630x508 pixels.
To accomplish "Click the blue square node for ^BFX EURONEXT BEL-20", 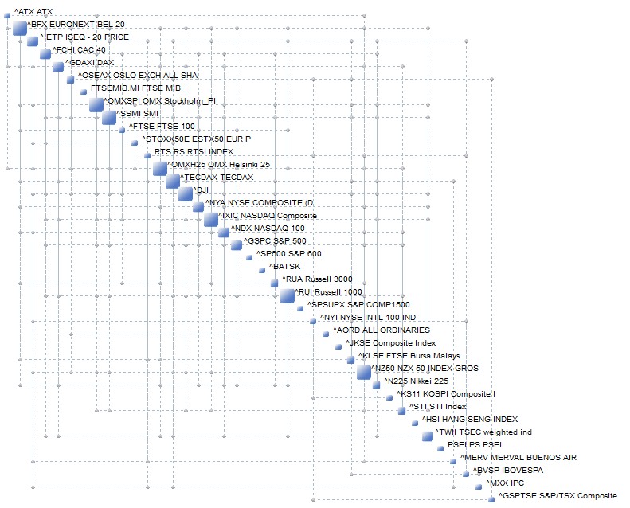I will (20, 29).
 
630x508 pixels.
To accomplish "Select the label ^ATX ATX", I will (33, 12).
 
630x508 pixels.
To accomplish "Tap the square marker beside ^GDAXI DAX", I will (58, 67).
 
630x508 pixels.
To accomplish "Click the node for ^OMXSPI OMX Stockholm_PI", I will (96, 105).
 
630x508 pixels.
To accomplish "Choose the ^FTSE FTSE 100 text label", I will (162, 127).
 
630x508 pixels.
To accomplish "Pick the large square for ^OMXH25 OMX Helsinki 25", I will (160, 168).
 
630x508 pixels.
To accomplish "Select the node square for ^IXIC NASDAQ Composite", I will (211, 219).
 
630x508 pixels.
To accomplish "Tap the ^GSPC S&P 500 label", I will (275, 241).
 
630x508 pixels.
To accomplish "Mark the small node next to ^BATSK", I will (262, 270).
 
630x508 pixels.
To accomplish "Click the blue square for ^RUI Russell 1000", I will (288, 296).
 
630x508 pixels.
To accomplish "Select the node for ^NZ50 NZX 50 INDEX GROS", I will (364, 372).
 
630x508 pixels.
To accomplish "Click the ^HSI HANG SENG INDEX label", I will (469, 420).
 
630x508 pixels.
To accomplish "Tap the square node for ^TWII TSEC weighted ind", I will (428, 436).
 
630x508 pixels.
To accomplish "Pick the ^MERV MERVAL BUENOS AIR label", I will (518, 458).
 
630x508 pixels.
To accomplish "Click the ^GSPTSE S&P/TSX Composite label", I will (558, 496).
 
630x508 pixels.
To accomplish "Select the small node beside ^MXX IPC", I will (479, 487).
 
